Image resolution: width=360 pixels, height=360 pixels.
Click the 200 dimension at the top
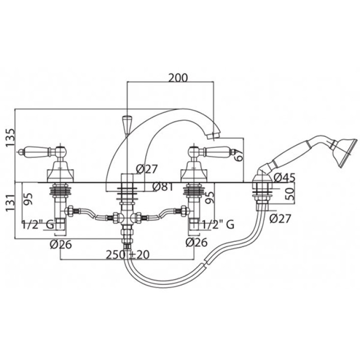pos(178,78)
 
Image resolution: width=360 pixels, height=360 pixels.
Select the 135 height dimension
pos(10,138)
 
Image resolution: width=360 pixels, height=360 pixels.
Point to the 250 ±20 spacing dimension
pos(128,255)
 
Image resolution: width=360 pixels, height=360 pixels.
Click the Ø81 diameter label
pos(162,187)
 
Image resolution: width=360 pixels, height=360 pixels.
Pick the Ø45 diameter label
pos(284,177)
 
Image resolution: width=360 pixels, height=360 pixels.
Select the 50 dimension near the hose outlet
pos(290,194)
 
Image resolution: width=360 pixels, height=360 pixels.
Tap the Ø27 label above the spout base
pos(147,169)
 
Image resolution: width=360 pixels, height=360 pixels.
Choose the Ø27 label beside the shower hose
pos(280,218)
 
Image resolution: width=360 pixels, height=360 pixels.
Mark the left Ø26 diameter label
pos(61,244)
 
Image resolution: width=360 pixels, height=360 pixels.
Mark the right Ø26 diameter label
pos(196,242)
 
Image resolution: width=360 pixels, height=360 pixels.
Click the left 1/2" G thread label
pos(38,224)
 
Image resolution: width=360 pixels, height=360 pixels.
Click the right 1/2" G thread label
pos(218,224)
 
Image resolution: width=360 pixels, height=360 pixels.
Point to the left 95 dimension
pos(28,199)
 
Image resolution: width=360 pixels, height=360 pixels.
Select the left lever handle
pos(41,152)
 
